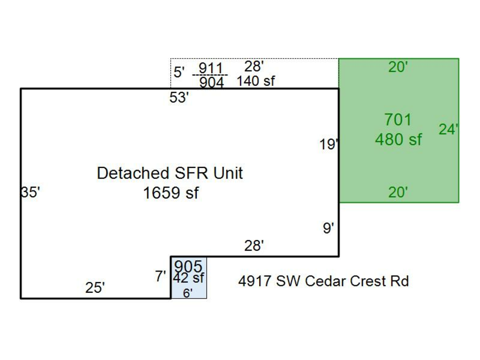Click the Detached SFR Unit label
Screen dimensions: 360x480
(170, 173)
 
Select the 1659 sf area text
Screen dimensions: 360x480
(170, 193)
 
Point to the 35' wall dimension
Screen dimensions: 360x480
(31, 192)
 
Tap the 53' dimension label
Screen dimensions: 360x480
(179, 98)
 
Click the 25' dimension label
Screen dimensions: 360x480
(95, 288)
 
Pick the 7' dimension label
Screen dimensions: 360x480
(161, 277)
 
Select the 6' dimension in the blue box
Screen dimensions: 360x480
(188, 293)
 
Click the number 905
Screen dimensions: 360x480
(188, 266)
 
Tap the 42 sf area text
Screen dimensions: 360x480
(188, 278)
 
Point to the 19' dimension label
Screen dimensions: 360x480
(329, 144)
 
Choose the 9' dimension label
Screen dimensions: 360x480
(329, 228)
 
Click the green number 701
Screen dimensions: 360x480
(398, 120)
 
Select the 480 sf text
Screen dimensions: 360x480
(398, 140)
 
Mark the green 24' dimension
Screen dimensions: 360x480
(449, 129)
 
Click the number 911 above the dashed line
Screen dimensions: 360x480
(210, 68)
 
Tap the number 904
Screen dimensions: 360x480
(211, 83)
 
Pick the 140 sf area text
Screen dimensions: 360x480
(256, 81)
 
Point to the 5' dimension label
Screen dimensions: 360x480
(179, 73)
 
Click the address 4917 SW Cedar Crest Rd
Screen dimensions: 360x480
(323, 281)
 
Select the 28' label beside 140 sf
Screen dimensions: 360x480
(254, 67)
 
